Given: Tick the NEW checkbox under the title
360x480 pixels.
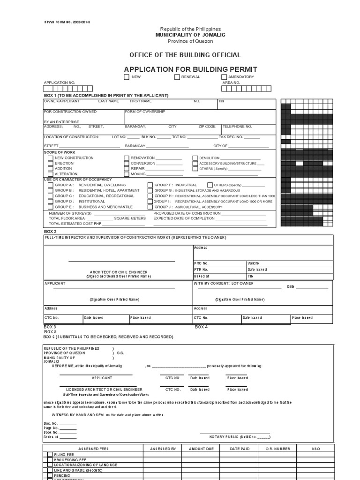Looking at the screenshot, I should [127, 77].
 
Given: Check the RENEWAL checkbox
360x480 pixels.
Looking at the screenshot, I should [177, 77].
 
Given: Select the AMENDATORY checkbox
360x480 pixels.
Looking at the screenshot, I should [224, 77].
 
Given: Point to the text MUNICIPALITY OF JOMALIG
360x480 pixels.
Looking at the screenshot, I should [189, 35].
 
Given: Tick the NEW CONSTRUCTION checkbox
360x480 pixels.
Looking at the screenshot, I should [50, 158].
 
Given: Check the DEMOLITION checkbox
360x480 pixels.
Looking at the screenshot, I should [195, 158].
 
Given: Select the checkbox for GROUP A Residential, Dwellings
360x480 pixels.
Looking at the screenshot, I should [50, 185].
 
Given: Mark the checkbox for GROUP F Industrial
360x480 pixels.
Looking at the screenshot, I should [150, 185].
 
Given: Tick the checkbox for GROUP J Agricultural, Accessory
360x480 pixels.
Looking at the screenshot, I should [150, 207].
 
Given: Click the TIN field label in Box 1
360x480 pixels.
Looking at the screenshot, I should [221, 101].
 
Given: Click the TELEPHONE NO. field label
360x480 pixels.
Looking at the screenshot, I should [237, 127].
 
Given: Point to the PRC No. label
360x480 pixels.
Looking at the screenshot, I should [201, 263].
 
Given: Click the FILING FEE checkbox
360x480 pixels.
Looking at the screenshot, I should [50, 454].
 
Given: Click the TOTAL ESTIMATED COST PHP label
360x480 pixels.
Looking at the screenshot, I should [75, 224].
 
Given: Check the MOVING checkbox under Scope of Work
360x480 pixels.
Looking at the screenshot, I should [127, 174].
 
